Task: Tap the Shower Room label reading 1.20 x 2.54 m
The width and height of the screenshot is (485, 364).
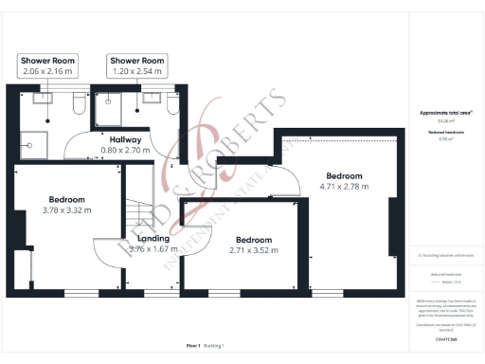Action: point(137,71)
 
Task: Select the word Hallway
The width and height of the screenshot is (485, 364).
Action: point(125,139)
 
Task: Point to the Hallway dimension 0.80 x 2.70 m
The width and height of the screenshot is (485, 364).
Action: point(125,150)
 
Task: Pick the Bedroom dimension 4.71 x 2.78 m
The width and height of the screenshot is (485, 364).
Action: point(344,187)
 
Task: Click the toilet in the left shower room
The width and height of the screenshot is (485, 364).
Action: point(77,103)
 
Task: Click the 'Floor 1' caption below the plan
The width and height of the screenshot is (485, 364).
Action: point(193,347)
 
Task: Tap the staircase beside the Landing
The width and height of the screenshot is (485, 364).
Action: point(140,213)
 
